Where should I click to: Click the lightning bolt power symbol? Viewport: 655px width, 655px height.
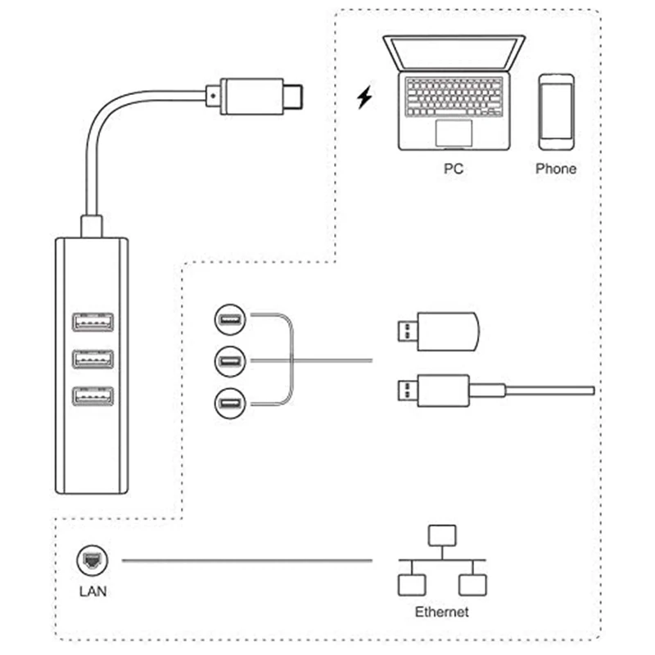364,98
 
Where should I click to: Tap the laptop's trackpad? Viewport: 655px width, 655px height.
454,132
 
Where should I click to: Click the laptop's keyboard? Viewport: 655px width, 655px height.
454,96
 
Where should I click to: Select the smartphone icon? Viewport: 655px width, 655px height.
556,112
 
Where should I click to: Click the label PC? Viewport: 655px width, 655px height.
453,169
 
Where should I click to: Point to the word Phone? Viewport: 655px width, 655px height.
556,169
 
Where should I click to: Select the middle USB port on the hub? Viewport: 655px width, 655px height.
93,359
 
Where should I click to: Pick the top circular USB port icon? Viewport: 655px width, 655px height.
228,318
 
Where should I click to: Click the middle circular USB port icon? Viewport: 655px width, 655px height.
228,360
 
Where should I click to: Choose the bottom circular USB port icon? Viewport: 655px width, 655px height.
228,403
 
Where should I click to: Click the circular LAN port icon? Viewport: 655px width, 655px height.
92,561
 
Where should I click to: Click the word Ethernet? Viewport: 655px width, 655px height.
442,612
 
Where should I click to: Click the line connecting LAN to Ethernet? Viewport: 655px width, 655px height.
246,561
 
